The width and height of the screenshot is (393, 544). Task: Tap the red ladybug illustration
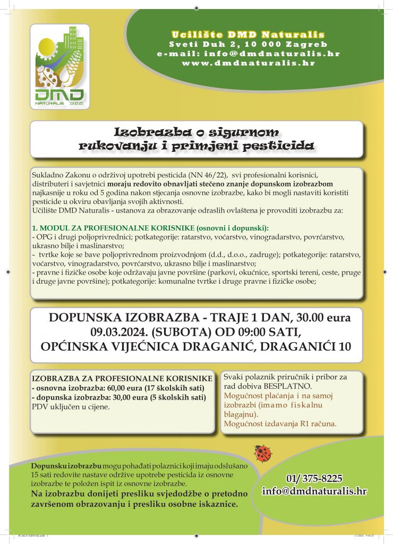262,454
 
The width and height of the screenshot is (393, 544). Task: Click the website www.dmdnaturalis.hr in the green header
249,63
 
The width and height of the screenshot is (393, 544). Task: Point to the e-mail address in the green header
249,54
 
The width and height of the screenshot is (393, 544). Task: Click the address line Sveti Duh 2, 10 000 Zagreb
249,44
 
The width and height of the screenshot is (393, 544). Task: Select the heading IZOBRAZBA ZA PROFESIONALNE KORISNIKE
123,378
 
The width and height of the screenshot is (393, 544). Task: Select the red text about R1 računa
280,424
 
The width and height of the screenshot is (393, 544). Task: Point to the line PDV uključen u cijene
71,407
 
